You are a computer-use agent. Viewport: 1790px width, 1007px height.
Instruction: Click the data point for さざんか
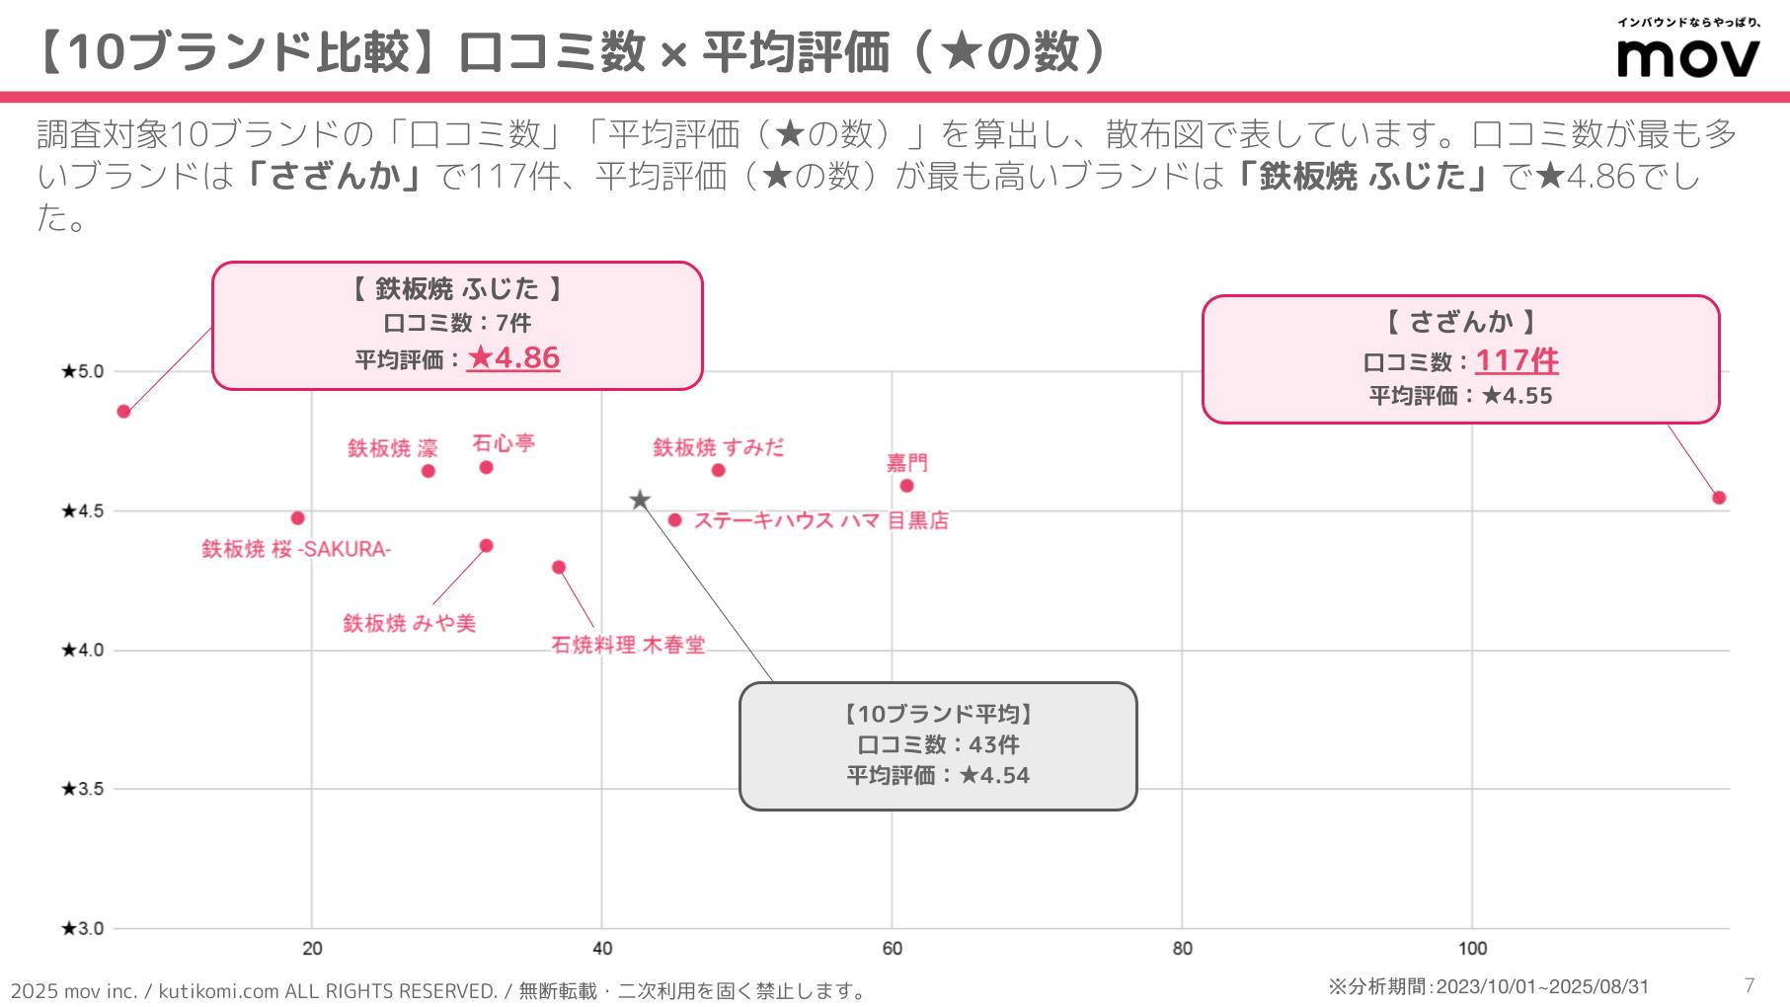pos(1718,498)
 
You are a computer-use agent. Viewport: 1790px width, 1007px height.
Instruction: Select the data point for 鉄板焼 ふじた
pos(123,412)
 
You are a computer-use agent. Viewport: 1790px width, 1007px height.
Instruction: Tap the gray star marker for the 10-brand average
pos(640,500)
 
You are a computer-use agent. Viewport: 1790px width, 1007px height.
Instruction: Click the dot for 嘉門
pos(906,486)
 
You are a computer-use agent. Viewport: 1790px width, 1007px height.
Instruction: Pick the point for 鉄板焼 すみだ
pos(718,470)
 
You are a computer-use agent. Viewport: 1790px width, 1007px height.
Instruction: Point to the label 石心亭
pos(504,443)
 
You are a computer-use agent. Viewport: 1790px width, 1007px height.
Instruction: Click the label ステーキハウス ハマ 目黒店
pos(820,520)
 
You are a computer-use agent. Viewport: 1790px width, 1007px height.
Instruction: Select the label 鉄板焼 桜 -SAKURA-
pos(296,549)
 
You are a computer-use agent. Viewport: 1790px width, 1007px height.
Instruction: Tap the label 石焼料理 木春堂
pos(628,645)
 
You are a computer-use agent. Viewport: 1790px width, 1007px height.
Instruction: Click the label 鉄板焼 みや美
pos(409,623)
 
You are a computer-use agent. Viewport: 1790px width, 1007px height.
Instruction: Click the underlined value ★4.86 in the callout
pos(513,357)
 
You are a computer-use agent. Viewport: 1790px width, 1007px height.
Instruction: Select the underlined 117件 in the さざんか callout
pos(1517,360)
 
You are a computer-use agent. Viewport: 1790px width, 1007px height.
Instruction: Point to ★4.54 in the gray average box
pos(994,776)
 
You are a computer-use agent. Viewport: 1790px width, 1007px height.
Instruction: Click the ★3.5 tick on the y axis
pos(82,789)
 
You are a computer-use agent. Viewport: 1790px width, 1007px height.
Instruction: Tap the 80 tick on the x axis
pos(1182,949)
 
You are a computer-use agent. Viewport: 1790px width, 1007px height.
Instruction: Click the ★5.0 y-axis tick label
pos(82,371)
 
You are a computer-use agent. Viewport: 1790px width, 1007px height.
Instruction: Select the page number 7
pos(1750,985)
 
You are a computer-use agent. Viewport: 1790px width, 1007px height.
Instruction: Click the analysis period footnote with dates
pos(1488,986)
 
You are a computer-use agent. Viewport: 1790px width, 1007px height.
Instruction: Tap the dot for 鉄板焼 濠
pos(428,471)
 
